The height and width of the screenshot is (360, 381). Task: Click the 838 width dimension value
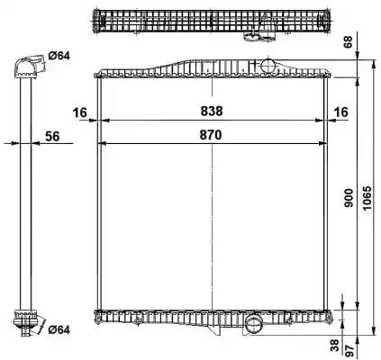pyautogui.click(x=212, y=111)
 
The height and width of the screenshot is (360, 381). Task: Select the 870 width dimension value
pyautogui.click(x=211, y=135)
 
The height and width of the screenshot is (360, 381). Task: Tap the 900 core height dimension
pyautogui.click(x=349, y=198)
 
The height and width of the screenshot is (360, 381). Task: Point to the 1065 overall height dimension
pyautogui.click(x=367, y=198)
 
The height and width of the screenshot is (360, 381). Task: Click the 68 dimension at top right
pyautogui.click(x=348, y=43)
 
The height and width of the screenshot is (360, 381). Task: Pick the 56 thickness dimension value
pyautogui.click(x=52, y=137)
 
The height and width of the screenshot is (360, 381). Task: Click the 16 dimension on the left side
pyautogui.click(x=80, y=112)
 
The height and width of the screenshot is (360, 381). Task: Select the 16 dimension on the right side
pyautogui.click(x=341, y=112)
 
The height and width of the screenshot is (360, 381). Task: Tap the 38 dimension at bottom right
pyautogui.click(x=335, y=345)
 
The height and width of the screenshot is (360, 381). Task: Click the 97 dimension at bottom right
pyautogui.click(x=349, y=351)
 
